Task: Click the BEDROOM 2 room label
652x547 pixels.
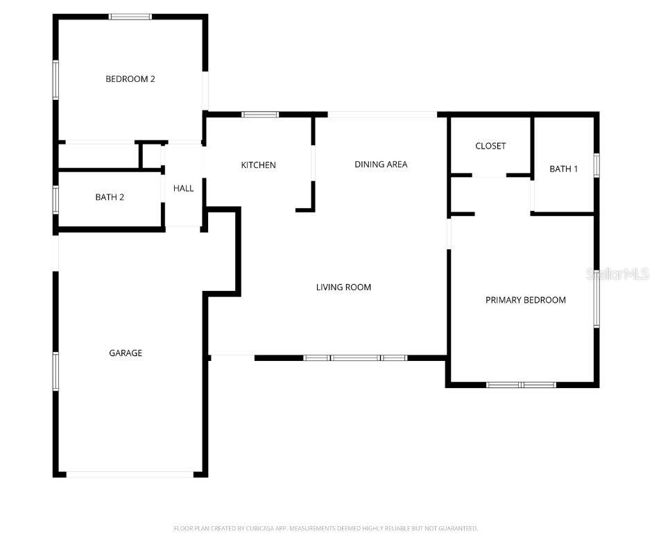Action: [130, 79]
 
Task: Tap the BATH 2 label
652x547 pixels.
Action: [110, 197]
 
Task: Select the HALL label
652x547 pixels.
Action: [183, 188]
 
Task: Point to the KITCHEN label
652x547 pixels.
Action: [258, 165]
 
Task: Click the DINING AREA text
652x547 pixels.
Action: [381, 165]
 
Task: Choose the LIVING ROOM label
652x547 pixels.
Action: [343, 287]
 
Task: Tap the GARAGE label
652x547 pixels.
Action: [126, 353]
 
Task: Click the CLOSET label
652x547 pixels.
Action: [490, 146]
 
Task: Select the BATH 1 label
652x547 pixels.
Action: [563, 169]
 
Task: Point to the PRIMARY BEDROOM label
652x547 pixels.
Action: [525, 301]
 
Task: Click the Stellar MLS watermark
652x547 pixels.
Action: [618, 274]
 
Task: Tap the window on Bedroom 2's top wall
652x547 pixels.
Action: [130, 17]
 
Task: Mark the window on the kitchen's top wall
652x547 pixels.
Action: [260, 115]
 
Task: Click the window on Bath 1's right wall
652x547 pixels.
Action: [596, 166]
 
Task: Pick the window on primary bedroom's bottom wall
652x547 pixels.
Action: [521, 384]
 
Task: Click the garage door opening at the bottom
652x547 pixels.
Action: [130, 474]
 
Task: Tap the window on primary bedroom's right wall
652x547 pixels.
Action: [596, 296]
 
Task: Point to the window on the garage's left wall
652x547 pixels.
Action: [55, 371]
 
